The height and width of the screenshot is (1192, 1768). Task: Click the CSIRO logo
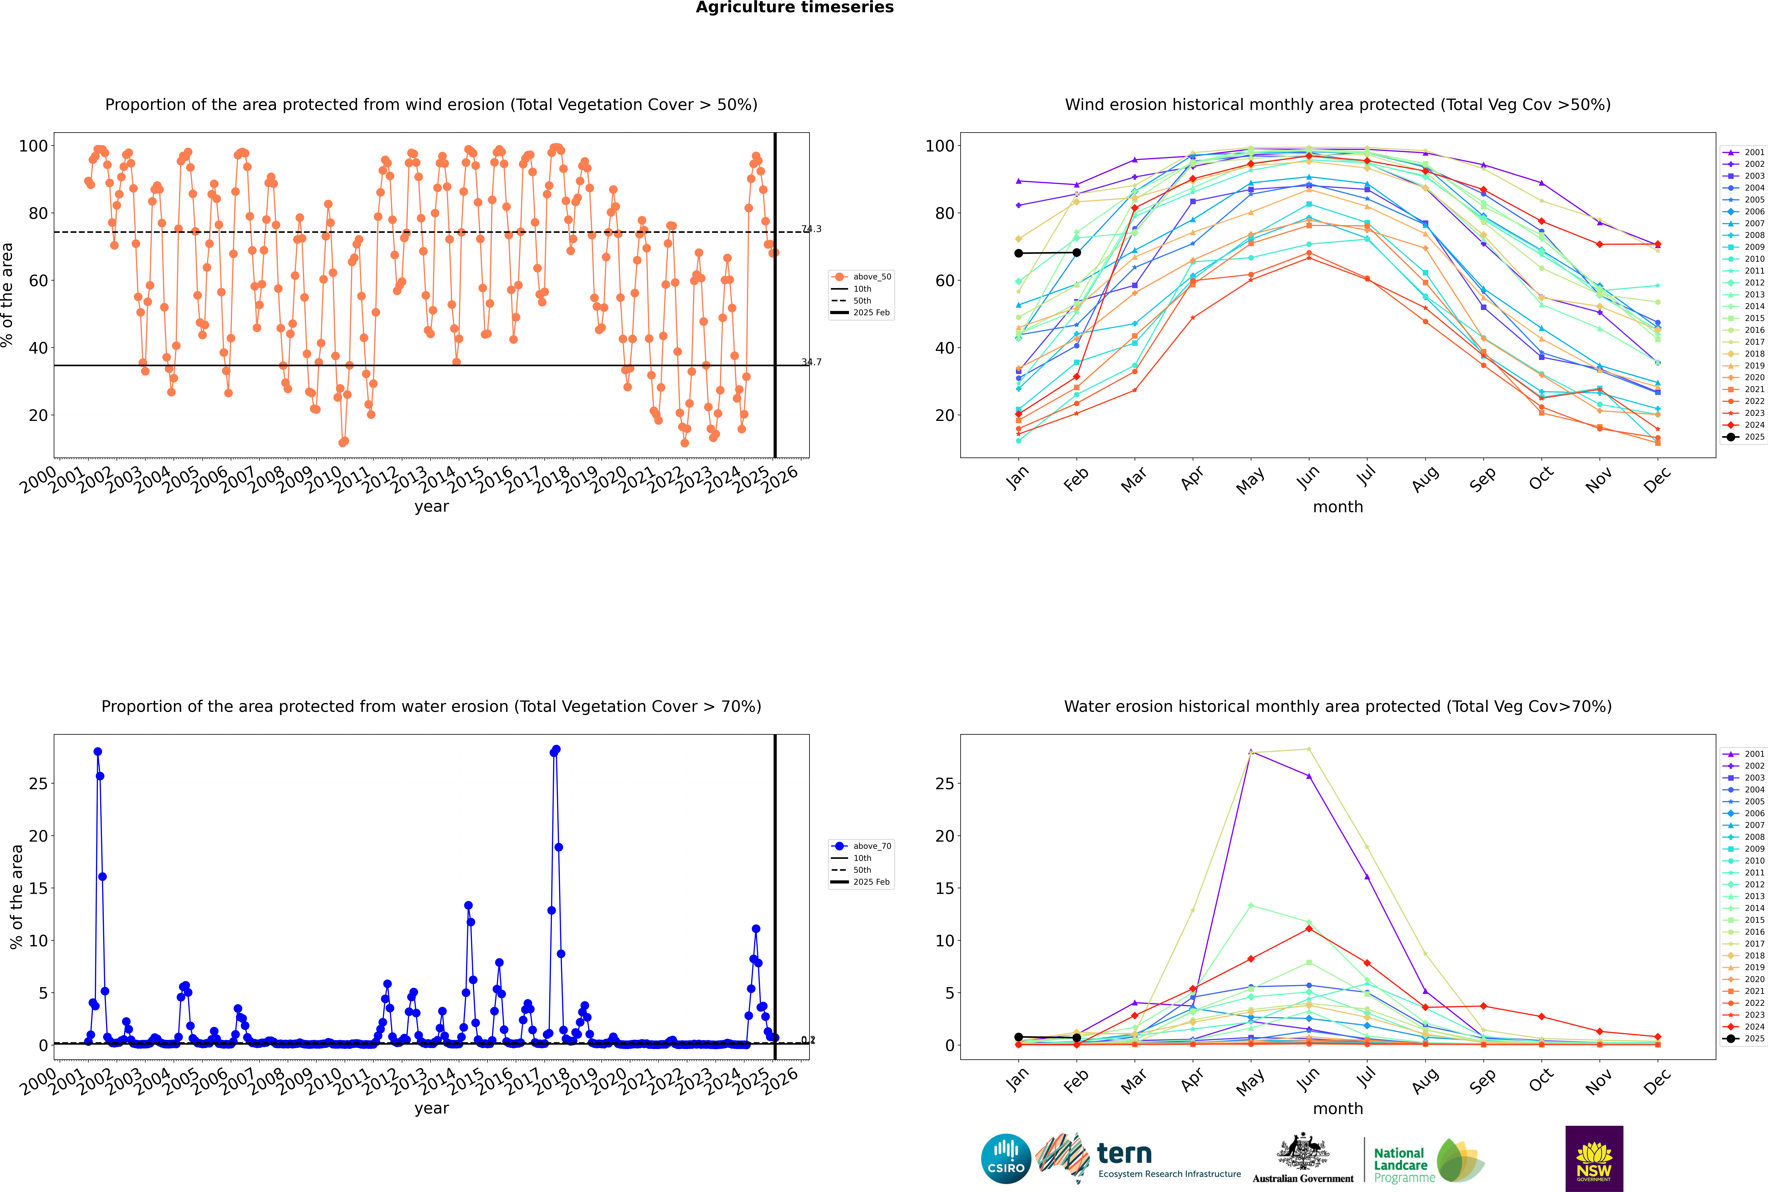click(1006, 1159)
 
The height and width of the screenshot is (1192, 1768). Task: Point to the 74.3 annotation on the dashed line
click(811, 229)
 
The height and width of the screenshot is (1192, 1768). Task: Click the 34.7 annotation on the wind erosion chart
click(811, 362)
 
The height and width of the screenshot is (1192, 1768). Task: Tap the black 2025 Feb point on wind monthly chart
click(1076, 252)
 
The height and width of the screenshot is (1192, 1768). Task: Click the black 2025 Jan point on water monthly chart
click(1019, 1037)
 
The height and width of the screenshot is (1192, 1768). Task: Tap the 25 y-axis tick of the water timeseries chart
click(38, 784)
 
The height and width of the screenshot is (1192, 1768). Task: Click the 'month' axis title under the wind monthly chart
click(1338, 507)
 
